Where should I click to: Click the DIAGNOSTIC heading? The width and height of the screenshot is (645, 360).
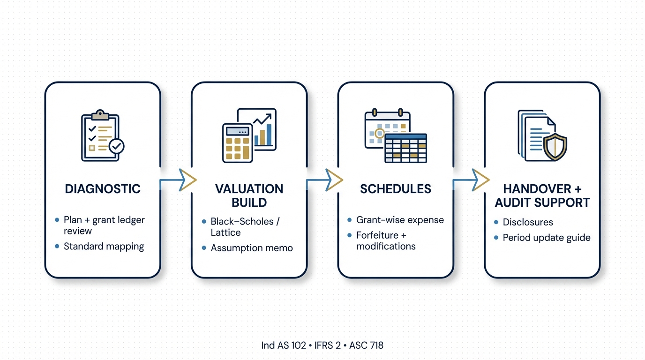(103, 189)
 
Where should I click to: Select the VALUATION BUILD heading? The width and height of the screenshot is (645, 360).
(249, 195)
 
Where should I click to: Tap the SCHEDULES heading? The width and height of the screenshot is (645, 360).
(396, 189)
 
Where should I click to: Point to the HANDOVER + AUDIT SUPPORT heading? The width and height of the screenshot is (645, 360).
(542, 195)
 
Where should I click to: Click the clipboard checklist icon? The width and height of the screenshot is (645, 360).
(99, 136)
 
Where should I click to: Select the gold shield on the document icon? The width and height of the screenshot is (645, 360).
(555, 147)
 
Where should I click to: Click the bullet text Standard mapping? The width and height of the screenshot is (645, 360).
(104, 246)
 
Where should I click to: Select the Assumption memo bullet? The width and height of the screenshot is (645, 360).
(251, 248)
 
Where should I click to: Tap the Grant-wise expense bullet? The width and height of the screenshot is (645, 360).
(400, 219)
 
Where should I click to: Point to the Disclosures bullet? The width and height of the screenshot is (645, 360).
(528, 222)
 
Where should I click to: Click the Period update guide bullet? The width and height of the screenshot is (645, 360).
(546, 238)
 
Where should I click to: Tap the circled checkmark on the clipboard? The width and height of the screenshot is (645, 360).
(116, 146)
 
